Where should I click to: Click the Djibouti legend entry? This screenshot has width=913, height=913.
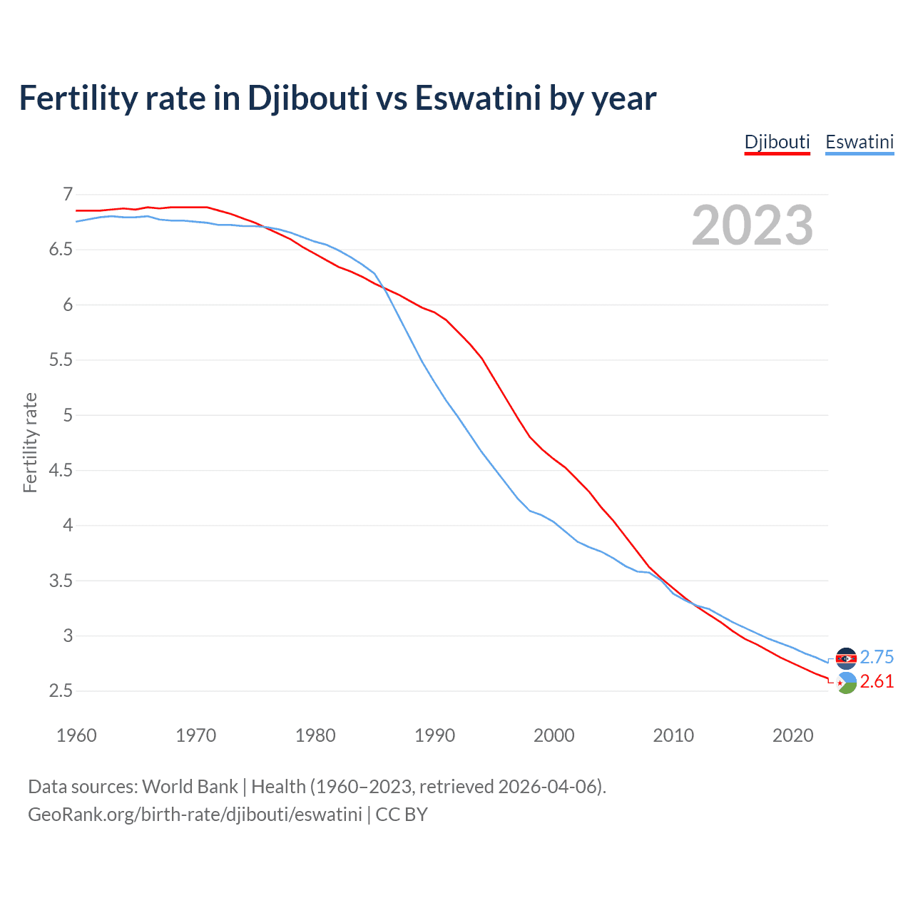[777, 142]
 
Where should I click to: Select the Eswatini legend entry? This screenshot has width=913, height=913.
[860, 142]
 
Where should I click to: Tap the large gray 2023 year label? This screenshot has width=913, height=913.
[753, 225]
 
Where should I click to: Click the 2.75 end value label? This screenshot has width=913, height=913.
[877, 657]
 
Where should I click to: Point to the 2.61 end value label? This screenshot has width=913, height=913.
[877, 682]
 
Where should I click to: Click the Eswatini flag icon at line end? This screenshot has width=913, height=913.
[846, 658]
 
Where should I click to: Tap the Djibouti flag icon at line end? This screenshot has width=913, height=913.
[846, 683]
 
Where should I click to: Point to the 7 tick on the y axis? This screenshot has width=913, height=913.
[68, 194]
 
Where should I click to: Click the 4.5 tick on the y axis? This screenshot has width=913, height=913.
[61, 470]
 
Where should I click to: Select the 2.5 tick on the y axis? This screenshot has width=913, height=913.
[61, 690]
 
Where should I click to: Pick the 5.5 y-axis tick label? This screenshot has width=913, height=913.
[61, 359]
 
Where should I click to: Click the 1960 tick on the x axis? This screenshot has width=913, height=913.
[76, 735]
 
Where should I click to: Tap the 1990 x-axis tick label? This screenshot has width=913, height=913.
[434, 735]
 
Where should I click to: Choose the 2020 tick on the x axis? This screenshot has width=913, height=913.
[792, 735]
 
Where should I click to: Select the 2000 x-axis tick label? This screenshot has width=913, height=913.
[554, 735]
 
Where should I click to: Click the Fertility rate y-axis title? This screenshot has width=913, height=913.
[30, 442]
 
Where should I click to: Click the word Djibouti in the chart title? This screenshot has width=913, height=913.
[307, 98]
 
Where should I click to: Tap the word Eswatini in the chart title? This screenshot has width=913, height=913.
[478, 98]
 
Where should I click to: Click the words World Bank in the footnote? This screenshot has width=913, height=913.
[190, 787]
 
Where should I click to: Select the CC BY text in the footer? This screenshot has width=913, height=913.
[402, 815]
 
